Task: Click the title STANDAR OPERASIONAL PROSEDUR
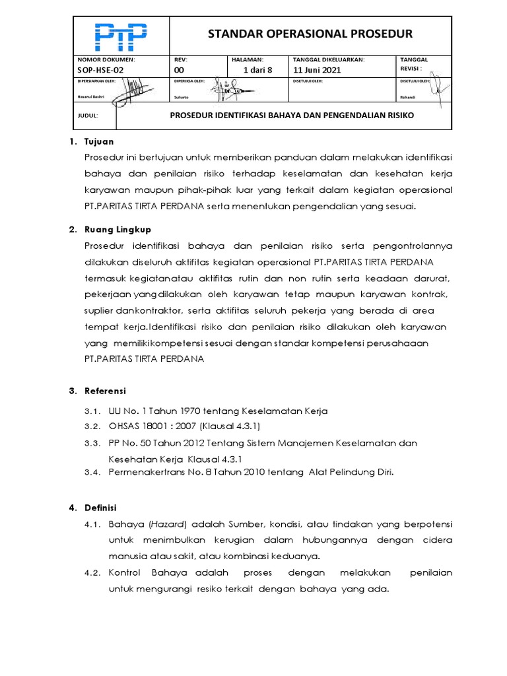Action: point(310,34)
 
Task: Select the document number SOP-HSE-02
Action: point(100,70)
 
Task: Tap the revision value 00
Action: point(179,70)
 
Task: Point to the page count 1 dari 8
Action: point(257,70)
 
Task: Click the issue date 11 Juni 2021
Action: point(317,70)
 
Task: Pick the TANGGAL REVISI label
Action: point(414,64)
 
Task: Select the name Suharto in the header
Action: point(182,97)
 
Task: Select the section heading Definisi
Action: point(100,508)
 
